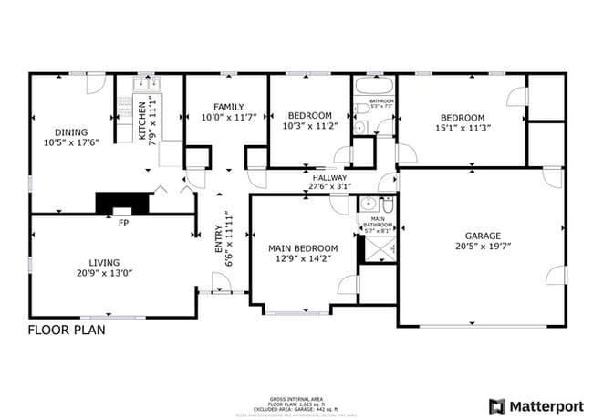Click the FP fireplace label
(123, 222)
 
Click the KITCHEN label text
(142, 119)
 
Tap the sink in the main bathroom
(368, 204)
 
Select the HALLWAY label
(329, 178)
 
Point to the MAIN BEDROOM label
(303, 248)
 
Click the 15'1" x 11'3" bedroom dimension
(463, 129)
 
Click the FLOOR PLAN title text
(66, 331)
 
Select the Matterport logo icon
(497, 404)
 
